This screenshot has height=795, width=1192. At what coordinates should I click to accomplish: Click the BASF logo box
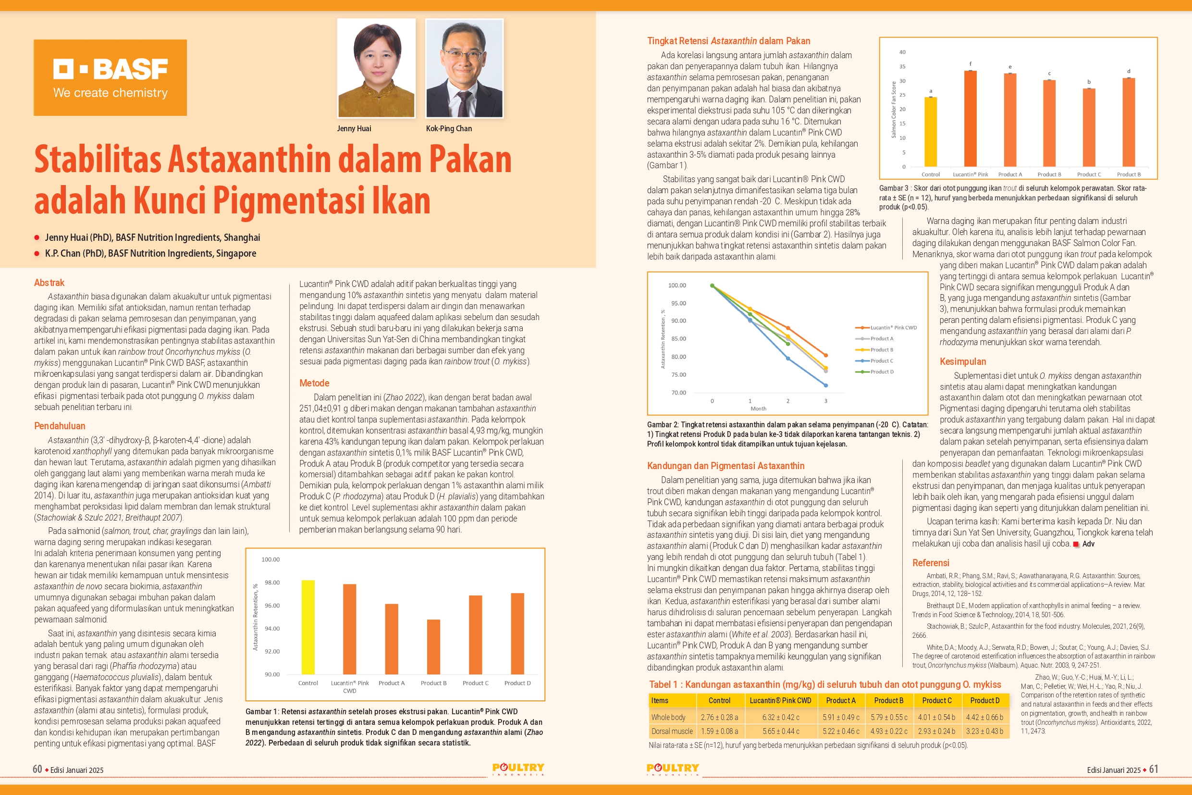[110, 77]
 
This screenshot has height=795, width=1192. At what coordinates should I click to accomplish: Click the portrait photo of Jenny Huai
[376, 68]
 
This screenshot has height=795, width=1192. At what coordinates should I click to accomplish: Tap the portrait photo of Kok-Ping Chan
[464, 68]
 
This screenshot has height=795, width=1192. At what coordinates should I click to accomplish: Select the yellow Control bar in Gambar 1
[307, 627]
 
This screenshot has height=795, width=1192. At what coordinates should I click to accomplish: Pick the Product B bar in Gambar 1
[433, 646]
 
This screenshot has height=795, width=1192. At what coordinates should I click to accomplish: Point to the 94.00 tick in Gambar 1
[271, 629]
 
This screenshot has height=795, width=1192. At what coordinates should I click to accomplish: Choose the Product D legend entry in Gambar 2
[881, 372]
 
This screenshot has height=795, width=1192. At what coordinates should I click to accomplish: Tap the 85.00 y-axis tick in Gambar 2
[678, 339]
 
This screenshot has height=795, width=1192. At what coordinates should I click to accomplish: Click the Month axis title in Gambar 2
[758, 409]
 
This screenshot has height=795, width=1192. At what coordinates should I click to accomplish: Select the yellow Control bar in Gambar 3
[931, 132]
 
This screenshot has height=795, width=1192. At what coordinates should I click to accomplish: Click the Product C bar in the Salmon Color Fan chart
[1089, 127]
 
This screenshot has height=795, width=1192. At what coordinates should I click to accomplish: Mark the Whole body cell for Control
[719, 718]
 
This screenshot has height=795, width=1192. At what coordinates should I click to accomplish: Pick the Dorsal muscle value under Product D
[985, 731]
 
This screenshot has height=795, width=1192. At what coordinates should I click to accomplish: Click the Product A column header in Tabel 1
[840, 701]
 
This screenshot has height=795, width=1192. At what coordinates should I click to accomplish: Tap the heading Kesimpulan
[962, 361]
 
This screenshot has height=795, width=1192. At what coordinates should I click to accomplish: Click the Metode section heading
[314, 383]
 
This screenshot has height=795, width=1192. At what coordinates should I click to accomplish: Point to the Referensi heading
[931, 563]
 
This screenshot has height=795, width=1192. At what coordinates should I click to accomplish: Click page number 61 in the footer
[1154, 769]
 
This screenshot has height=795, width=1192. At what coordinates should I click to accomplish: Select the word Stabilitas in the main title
[98, 160]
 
